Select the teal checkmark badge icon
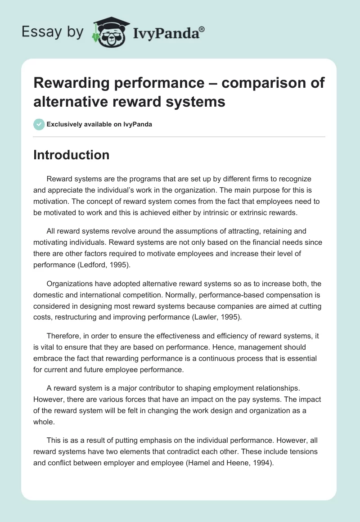pyautogui.click(x=39, y=124)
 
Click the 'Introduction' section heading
pyautogui.click(x=72, y=155)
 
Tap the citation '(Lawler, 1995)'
pyautogui.click(x=217, y=317)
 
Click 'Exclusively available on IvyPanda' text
pyautogui.click(x=99, y=124)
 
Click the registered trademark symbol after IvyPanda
pyautogui.click(x=202, y=28)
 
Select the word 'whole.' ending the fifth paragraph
pyautogui.click(x=44, y=422)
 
